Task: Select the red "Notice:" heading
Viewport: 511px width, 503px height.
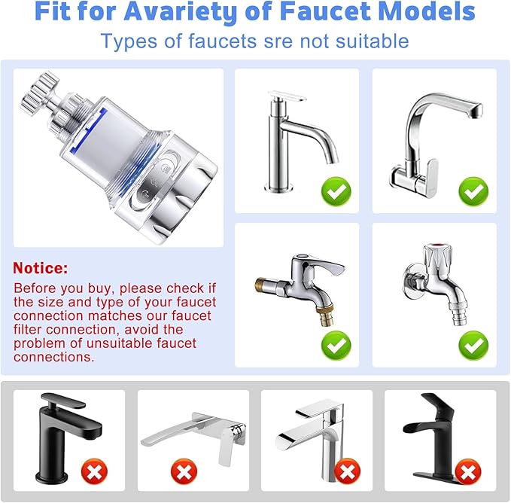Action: tap(41, 268)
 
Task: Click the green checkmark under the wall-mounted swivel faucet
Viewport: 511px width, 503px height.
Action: tap(473, 191)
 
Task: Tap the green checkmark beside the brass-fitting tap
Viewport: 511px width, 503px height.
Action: tap(336, 346)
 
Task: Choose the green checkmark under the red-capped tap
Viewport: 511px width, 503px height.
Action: tap(473, 346)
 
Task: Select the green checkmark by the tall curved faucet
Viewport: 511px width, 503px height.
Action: tap(336, 191)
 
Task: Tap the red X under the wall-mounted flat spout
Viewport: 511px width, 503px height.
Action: tap(183, 472)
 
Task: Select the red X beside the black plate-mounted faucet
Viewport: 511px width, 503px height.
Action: tap(468, 472)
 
